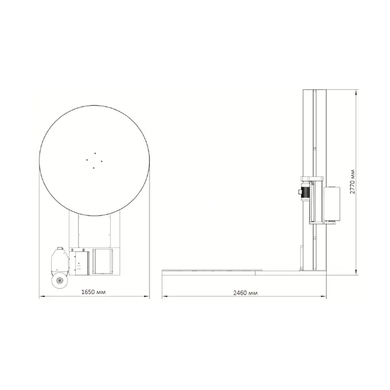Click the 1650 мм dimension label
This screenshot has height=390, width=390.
[93, 292]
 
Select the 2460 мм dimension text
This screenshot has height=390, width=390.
[245, 293]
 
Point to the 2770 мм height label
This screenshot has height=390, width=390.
[353, 182]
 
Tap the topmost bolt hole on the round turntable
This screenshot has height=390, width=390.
[95, 153]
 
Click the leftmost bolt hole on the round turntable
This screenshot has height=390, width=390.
[87, 160]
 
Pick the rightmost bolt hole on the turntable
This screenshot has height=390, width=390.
[102, 161]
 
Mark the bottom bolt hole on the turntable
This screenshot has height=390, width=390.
[94, 168]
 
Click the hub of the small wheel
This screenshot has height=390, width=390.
[60, 281]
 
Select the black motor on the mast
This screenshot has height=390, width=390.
[305, 192]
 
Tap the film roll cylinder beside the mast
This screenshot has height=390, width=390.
[332, 204]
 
